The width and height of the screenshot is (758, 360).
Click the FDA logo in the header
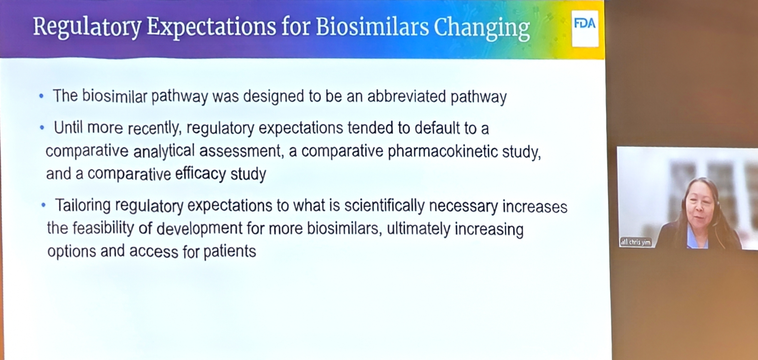pos(585,27)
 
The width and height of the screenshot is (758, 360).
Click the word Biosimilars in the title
pos(372,27)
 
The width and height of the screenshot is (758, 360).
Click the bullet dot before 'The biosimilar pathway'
pos(41,96)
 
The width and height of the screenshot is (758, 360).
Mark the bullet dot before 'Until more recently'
pos(42,127)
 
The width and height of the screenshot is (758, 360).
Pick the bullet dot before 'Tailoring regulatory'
pos(44,205)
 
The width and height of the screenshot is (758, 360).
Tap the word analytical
pos(164,151)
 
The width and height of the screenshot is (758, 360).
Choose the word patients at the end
pos(230,251)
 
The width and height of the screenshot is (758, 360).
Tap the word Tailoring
pos(83,206)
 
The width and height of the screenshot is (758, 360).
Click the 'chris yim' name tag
pos(636,242)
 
